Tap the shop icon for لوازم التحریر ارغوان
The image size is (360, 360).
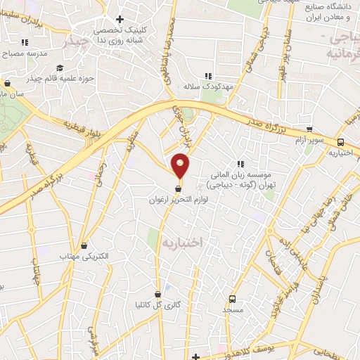(x=178, y=188)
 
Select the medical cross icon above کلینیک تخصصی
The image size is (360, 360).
(x=120, y=19)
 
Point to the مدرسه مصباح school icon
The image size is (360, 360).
(x=26, y=42)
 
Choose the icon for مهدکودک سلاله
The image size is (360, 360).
(x=207, y=76)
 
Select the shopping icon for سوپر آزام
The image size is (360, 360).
(x=310, y=129)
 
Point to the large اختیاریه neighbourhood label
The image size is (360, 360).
(x=182, y=241)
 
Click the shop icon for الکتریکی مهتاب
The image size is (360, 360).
(x=85, y=246)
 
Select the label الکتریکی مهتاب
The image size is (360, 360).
(x=84, y=257)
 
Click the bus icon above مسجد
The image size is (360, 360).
(x=232, y=299)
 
